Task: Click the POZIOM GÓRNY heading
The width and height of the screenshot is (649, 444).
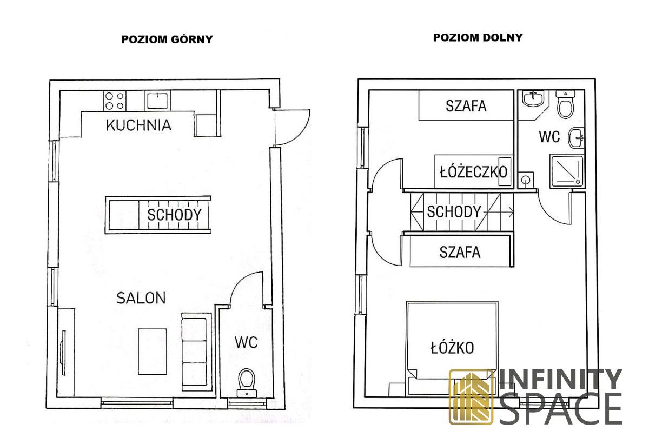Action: (167, 39)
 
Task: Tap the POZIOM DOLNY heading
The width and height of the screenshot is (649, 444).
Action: (478, 37)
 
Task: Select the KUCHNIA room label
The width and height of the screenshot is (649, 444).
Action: (138, 125)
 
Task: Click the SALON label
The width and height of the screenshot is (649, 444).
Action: (141, 298)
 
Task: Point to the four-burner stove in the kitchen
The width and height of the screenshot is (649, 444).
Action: (115, 101)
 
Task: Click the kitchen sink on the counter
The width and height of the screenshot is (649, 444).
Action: (157, 101)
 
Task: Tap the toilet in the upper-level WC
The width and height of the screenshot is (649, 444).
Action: (247, 382)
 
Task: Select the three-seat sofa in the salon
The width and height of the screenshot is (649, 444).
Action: (195, 352)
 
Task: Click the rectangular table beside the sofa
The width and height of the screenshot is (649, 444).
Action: (153, 352)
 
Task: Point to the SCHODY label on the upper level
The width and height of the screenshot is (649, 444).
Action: (174, 215)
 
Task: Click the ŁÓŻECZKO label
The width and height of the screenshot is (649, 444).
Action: (474, 172)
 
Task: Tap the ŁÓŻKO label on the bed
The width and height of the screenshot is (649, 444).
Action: (452, 348)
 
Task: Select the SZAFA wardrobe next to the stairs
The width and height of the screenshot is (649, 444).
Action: (460, 251)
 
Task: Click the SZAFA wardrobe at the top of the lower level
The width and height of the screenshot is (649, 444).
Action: (466, 105)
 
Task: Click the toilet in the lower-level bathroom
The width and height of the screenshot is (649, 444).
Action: (566, 104)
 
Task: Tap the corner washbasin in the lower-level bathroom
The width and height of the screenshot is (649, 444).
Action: (533, 98)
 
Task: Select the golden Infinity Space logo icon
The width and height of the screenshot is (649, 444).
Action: (471, 397)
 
